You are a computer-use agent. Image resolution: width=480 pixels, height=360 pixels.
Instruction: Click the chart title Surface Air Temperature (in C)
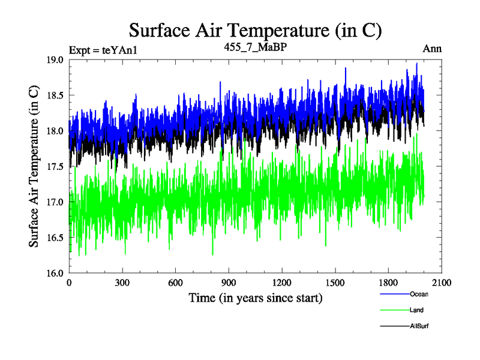coord(256,29)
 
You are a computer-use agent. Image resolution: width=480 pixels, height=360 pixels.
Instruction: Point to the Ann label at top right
coord(432,49)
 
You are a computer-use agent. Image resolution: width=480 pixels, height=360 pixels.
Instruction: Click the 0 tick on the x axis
coord(70,283)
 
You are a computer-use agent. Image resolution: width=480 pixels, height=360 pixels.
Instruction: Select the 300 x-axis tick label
coord(122,283)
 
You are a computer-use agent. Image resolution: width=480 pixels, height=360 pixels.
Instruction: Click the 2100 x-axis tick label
coord(441,283)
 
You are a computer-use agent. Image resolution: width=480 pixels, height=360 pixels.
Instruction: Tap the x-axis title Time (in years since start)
coord(256,298)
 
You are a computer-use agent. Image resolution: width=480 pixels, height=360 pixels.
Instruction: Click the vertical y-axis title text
coord(35,167)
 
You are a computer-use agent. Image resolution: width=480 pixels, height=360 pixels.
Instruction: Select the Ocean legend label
coord(419,294)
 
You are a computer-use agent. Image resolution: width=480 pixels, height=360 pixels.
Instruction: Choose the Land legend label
coord(416,310)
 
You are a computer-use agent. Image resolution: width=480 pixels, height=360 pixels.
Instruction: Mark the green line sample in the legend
coord(394,310)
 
